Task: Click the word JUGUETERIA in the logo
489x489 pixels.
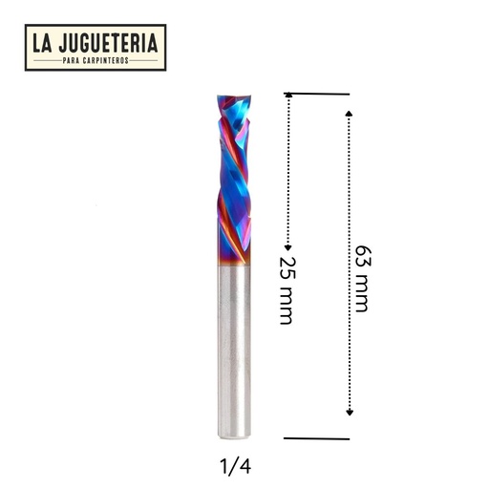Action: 108,43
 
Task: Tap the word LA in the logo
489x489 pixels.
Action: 42,43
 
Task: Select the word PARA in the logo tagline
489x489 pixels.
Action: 71,60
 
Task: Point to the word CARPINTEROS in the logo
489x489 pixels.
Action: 106,60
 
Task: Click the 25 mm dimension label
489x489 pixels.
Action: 287,290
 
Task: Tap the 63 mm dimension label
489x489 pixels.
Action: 363,279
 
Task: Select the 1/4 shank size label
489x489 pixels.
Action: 235,467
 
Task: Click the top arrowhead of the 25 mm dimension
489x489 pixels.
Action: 288,95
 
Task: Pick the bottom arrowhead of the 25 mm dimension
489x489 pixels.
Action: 288,247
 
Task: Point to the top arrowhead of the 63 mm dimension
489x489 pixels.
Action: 350,114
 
